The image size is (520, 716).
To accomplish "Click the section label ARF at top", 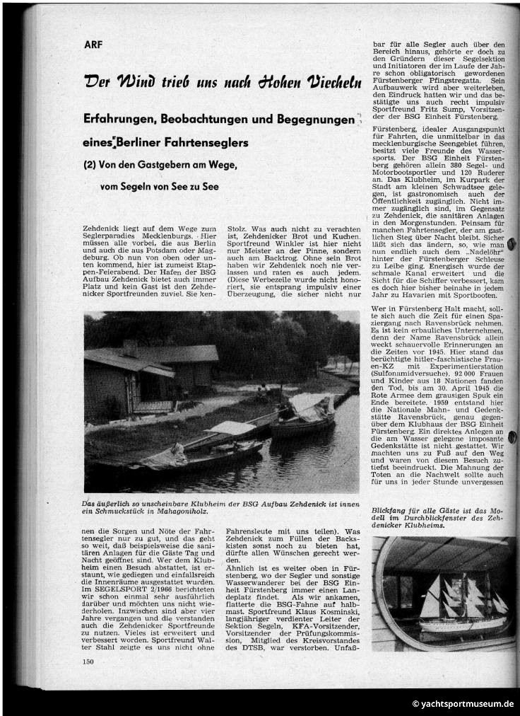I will (x=92, y=44).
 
